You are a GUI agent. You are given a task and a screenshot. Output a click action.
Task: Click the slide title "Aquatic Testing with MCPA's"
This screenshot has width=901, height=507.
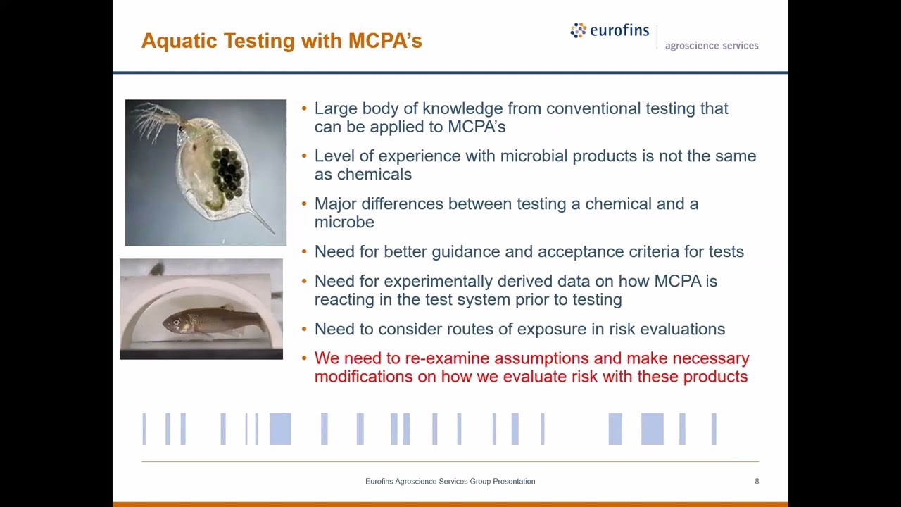click(x=282, y=41)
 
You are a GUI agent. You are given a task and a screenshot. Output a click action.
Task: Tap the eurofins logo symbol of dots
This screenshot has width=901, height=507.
click(x=578, y=30)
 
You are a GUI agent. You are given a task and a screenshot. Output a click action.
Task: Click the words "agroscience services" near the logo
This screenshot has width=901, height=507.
click(x=711, y=46)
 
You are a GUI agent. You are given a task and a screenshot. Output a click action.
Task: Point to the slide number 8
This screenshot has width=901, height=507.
click(x=757, y=482)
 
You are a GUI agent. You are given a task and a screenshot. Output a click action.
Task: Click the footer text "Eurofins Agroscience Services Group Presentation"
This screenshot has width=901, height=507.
click(x=450, y=482)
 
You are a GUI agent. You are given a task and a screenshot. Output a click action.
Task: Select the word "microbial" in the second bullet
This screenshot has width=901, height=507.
click(x=533, y=156)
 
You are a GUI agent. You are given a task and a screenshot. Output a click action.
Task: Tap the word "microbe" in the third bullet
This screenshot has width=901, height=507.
click(x=344, y=223)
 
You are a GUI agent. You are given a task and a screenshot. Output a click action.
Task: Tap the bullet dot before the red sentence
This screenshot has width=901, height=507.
click(x=304, y=358)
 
